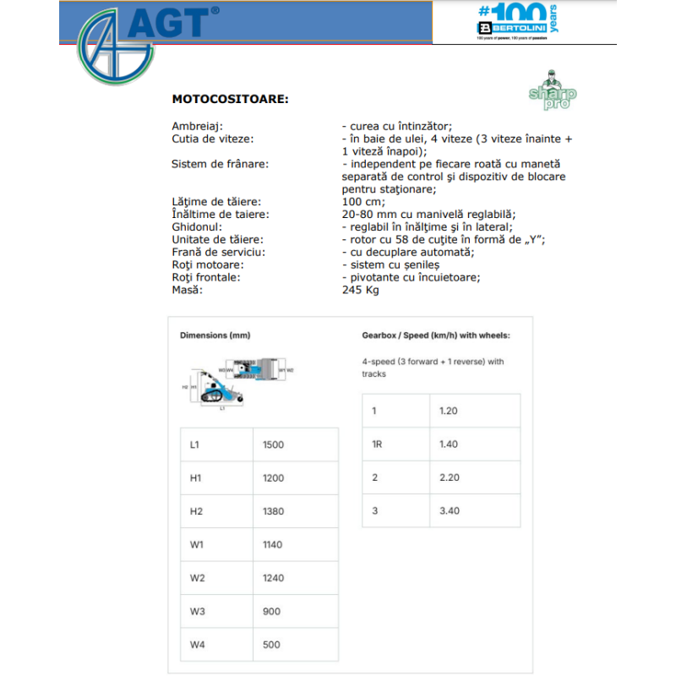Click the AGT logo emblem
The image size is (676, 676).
point(110,46)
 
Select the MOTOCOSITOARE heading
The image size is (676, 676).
point(230,99)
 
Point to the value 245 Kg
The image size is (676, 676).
point(361,290)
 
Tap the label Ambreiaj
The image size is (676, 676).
point(198,126)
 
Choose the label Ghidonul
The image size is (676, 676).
point(197,226)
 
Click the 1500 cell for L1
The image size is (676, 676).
point(274,444)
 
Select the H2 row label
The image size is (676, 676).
point(196,511)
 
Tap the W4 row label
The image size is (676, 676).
point(197,645)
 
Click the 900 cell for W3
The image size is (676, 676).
point(271,612)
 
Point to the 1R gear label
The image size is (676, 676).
point(378,444)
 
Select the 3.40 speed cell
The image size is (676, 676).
point(450,510)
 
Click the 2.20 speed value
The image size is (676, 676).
point(450,477)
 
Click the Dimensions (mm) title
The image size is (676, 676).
point(215,335)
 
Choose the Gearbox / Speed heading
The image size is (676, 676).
point(435,335)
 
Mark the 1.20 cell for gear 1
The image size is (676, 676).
point(449,411)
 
